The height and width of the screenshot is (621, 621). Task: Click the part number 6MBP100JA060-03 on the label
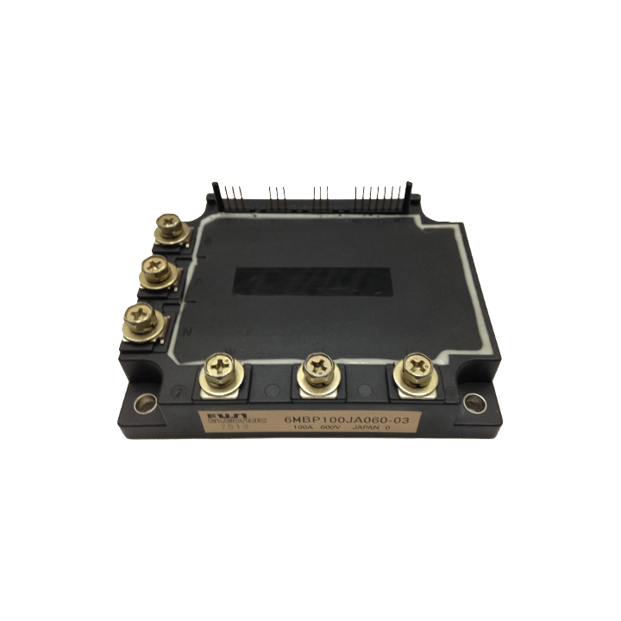pyautogui.click(x=346, y=419)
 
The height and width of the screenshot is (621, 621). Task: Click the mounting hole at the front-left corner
pyautogui.click(x=144, y=400)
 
